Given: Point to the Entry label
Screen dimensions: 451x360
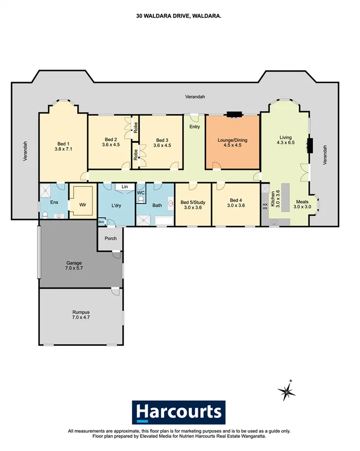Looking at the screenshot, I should (195, 127).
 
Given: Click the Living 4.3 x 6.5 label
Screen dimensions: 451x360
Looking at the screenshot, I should (286, 140).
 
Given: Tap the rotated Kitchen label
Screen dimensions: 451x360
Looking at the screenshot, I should (272, 199).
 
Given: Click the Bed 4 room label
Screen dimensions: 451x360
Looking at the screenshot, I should (236, 202).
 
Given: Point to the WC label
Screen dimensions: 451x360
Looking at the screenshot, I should (141, 193).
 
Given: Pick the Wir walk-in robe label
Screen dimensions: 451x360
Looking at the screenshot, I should (82, 206).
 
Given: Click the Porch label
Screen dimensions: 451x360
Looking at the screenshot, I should (110, 239).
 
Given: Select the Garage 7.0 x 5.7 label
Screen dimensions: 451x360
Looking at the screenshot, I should (74, 266).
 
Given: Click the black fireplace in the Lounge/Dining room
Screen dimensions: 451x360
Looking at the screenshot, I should (233, 114).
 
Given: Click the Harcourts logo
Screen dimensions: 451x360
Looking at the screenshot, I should (178, 412).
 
